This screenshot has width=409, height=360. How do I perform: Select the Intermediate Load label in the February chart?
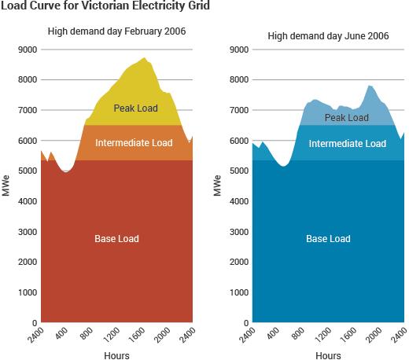click(x=133, y=143)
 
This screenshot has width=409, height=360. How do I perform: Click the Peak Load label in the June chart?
click(x=346, y=118)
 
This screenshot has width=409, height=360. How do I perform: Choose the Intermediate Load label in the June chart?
click(x=347, y=144)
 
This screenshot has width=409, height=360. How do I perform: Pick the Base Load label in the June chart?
click(x=328, y=238)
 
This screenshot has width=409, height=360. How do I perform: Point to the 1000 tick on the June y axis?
click(x=238, y=292)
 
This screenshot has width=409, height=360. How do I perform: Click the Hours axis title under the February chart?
click(x=116, y=355)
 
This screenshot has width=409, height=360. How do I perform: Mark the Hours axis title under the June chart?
click(x=328, y=355)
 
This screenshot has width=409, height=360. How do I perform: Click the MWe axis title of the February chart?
click(x=6, y=186)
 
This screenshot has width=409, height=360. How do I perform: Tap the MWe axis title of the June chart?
click(x=218, y=186)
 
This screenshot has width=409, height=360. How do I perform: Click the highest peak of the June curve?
click(x=370, y=85)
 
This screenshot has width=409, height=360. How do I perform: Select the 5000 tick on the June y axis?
click(x=238, y=171)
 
